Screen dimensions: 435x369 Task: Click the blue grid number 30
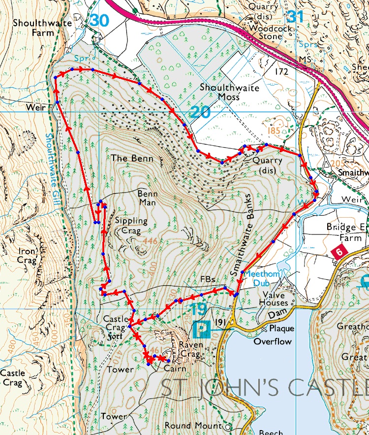[x=99, y=20]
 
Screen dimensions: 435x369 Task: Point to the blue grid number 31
[x=295, y=16]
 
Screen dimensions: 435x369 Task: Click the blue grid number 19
[x=199, y=309]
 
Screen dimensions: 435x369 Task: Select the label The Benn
[x=132, y=159]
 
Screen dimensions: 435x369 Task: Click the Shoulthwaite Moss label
[x=227, y=92]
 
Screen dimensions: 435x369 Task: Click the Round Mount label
[x=194, y=425]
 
